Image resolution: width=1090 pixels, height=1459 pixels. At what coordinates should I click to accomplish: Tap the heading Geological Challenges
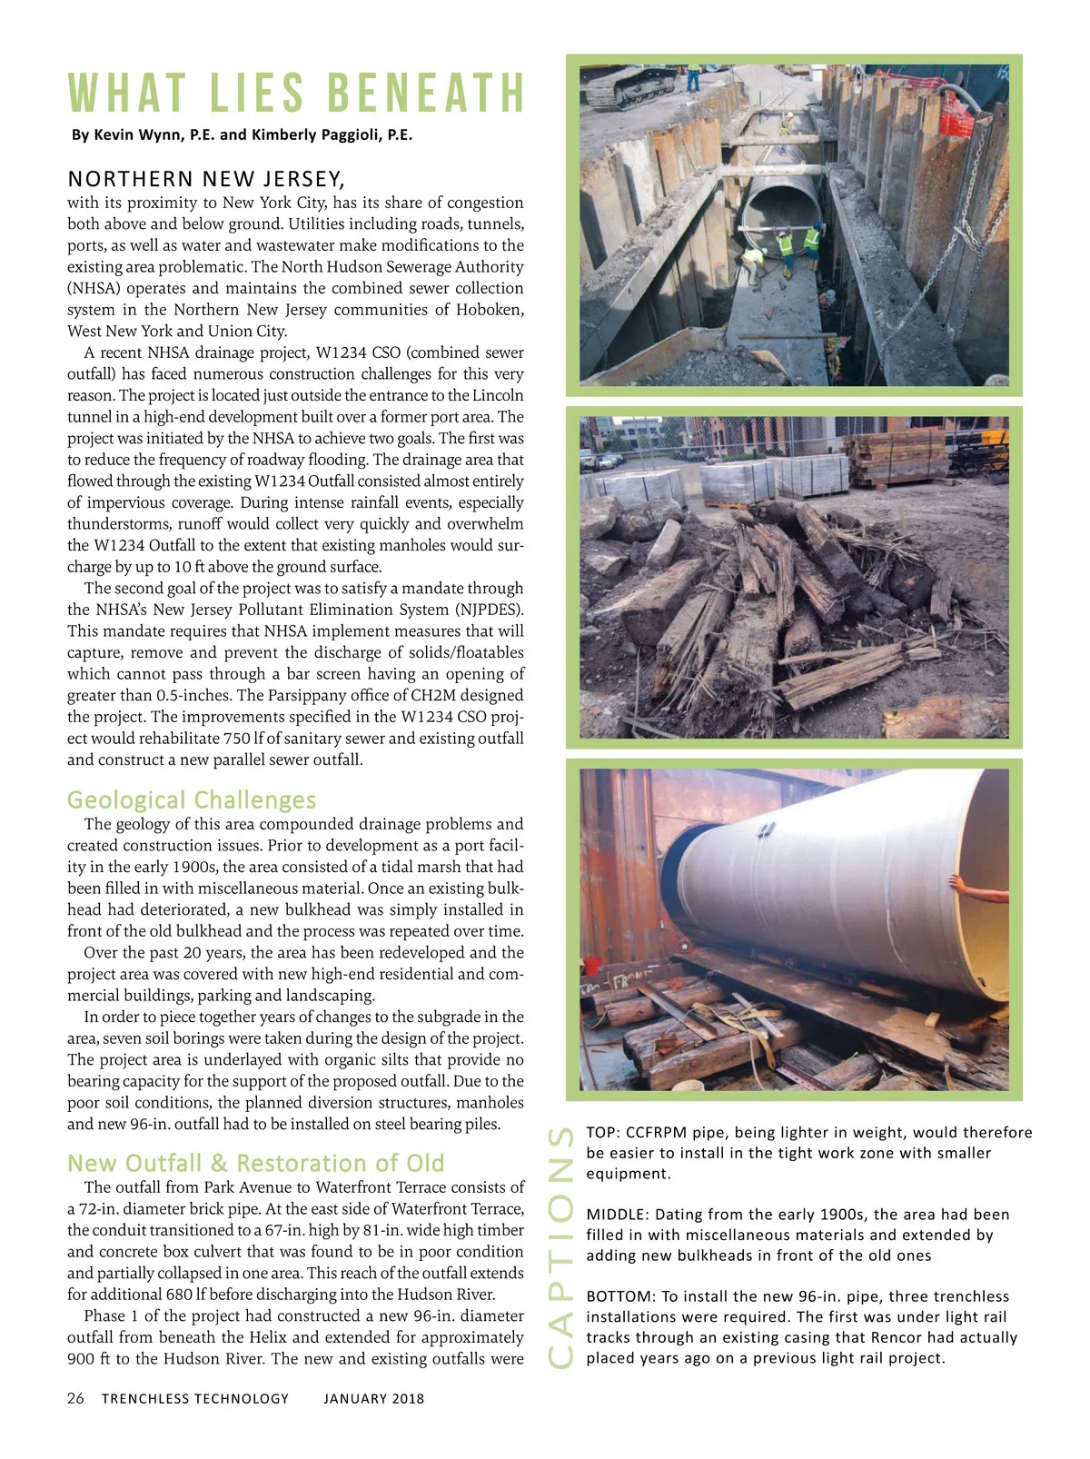tap(192, 799)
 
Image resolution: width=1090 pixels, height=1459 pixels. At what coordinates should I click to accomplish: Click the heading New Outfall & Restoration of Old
tap(255, 1163)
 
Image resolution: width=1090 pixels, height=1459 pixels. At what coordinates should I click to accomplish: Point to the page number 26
tap(75, 1398)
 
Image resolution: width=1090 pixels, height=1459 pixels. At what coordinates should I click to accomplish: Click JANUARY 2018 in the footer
tap(373, 1398)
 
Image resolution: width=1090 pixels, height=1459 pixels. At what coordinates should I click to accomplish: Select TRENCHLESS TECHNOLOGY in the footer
tap(195, 1398)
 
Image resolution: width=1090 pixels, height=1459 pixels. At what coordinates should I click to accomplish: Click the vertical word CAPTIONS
tap(561, 1246)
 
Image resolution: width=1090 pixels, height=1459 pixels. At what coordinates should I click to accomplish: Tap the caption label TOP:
tap(603, 1133)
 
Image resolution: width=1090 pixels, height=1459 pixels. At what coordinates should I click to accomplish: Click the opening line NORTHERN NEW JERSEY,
tap(206, 178)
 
